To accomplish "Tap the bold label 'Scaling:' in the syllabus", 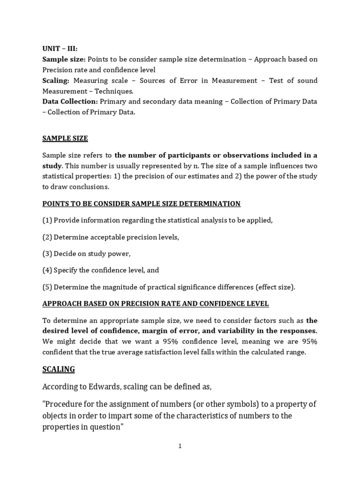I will [x=56, y=81].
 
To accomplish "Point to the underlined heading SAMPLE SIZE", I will [x=65, y=138].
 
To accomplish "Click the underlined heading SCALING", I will [x=59, y=369].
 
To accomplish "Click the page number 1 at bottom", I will [x=180, y=446].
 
